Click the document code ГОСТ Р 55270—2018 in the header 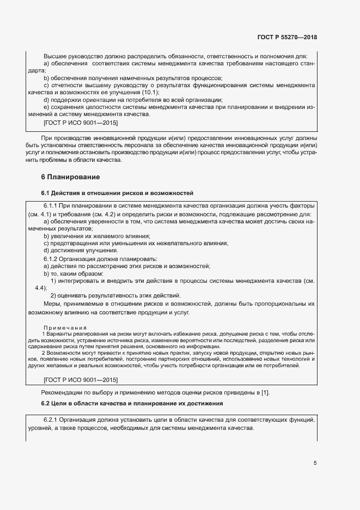(x=287, y=38)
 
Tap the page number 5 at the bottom (x=315, y=463)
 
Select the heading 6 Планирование (x=71, y=177)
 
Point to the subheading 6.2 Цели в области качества (x=131, y=403)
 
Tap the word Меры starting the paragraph (x=52, y=303)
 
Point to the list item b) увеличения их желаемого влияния (x=89, y=236)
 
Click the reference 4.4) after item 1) (x=41, y=287)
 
